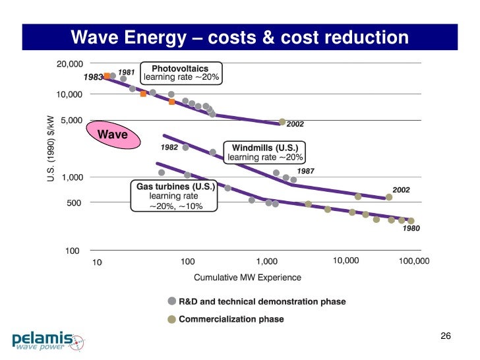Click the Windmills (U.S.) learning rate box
pos(265,152)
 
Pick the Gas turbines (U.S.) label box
pos(175,196)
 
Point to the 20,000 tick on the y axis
pos(69,64)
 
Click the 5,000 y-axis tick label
pos(72,121)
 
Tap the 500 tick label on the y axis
pos(74,203)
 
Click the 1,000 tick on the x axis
pos(266,262)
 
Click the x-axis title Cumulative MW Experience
pos(247,278)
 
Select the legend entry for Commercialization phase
pos(231,319)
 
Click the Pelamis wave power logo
pos(48,340)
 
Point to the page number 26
pos(445,337)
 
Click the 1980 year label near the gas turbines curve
pos(411,228)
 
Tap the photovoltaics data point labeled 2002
pos(282,122)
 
